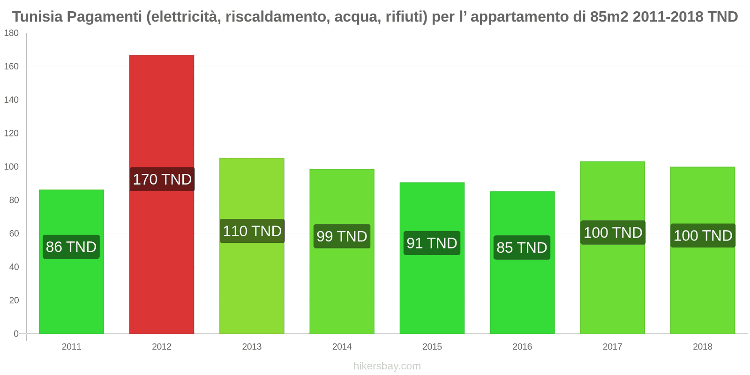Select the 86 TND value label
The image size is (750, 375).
[x=71, y=247]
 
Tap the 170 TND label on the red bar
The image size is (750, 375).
[x=162, y=179]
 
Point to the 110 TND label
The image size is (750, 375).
[x=252, y=231]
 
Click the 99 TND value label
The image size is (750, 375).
[x=342, y=236]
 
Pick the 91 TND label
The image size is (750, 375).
[x=432, y=243]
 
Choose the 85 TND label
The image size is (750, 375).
[x=522, y=247]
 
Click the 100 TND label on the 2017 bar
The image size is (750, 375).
[x=613, y=232]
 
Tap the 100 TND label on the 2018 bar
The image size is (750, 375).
[x=703, y=235]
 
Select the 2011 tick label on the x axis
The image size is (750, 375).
[x=71, y=346]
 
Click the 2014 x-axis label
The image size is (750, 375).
[x=342, y=346]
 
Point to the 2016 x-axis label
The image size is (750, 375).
[x=522, y=346]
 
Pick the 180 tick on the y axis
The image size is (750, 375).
[x=11, y=33]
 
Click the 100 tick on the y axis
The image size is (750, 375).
[x=11, y=167]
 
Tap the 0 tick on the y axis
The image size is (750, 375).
[x=16, y=334]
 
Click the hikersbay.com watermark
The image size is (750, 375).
[x=387, y=366]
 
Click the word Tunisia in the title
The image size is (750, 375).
[x=37, y=17]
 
